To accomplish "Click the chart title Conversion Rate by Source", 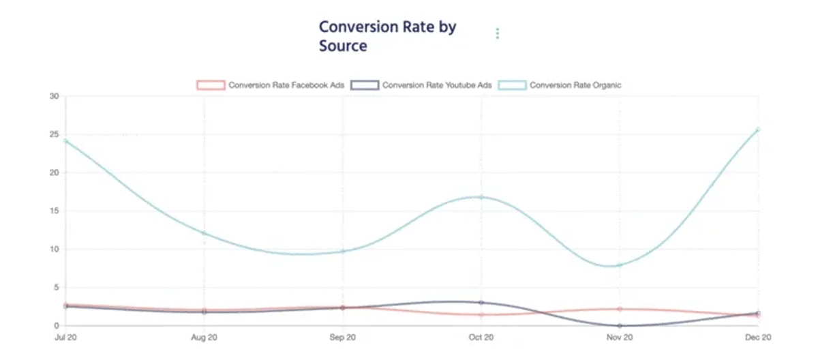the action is [x=387, y=36].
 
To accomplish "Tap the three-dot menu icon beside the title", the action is [x=498, y=33].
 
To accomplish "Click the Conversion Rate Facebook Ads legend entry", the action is [x=270, y=85].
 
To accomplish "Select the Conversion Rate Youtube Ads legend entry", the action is [x=421, y=85].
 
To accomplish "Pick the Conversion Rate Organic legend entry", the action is [x=560, y=85].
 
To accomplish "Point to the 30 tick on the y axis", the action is [x=54, y=96].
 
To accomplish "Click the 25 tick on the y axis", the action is [x=54, y=134].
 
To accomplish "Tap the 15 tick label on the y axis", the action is [x=54, y=211].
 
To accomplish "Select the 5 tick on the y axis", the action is [x=56, y=287].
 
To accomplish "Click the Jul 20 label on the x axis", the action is [x=65, y=337].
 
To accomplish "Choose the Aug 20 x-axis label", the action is [x=204, y=337].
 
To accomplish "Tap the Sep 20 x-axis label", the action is [x=342, y=337].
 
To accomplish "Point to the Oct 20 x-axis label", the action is [x=481, y=337].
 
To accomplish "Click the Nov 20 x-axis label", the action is [x=620, y=337].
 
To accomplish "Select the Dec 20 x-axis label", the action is [x=758, y=337].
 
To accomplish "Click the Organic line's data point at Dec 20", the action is [x=758, y=130].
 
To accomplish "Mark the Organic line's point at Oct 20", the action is [x=481, y=197].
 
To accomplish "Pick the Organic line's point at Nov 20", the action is [x=620, y=265].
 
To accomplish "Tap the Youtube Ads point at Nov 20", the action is [x=620, y=326].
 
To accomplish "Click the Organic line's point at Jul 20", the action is [x=65, y=141].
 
